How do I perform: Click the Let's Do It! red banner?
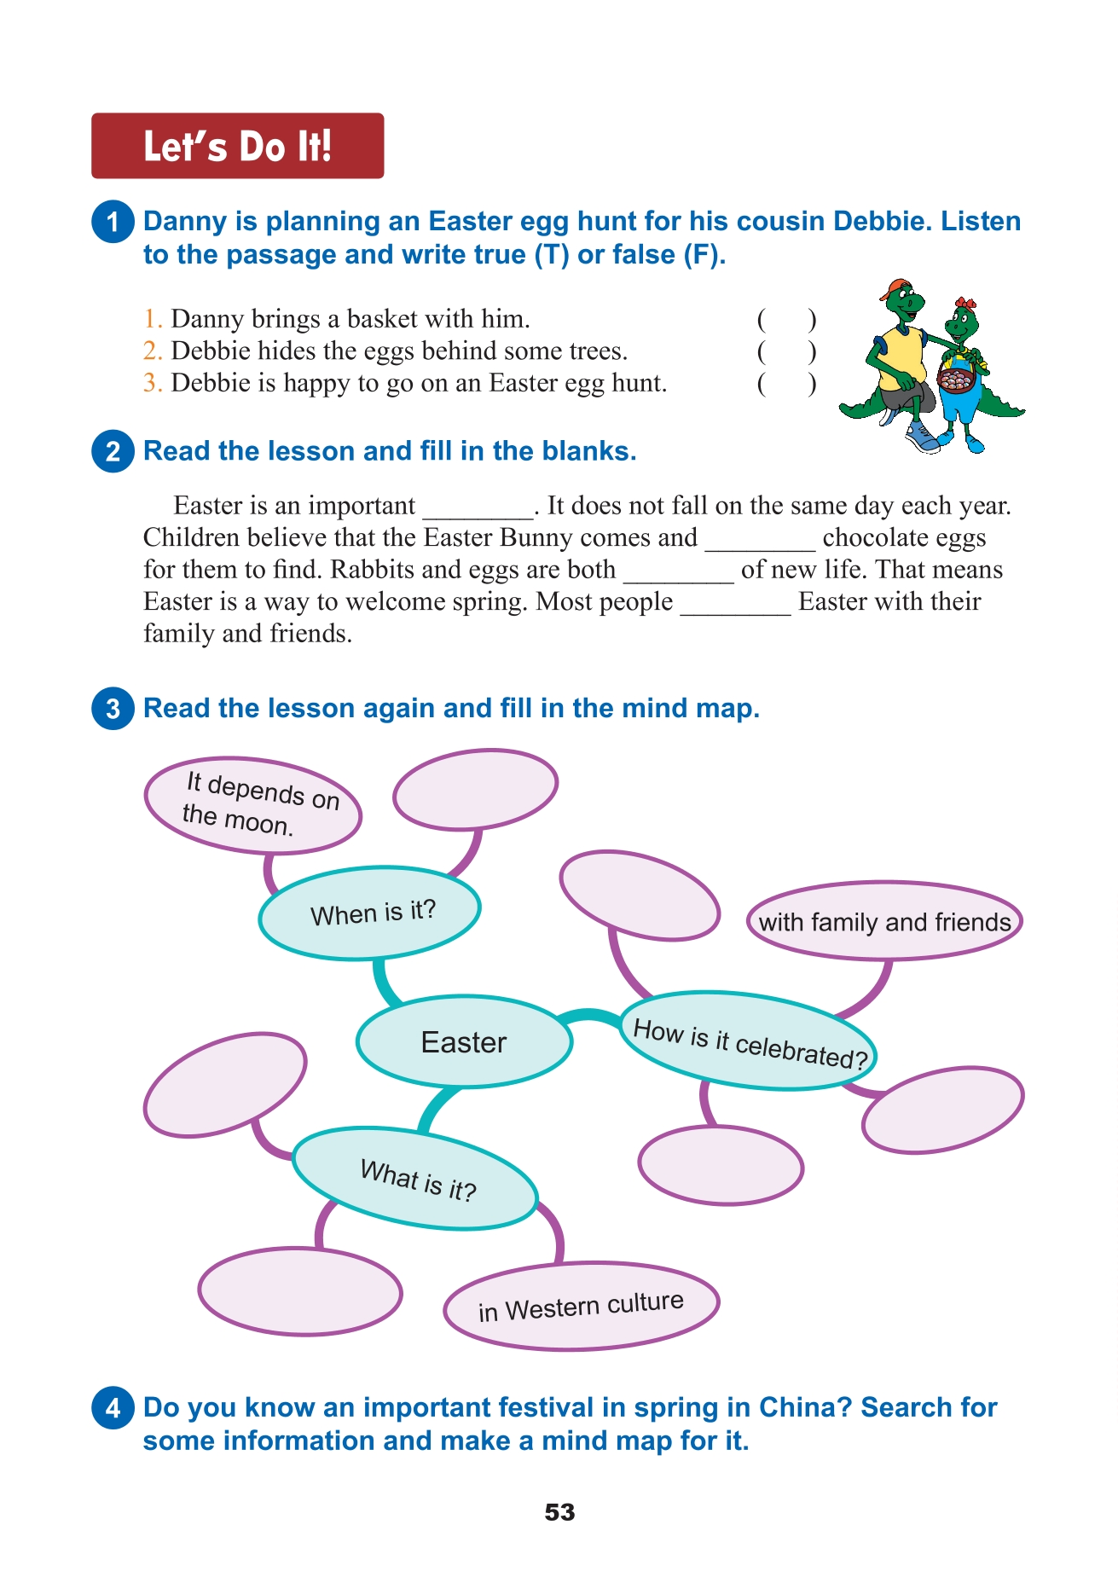pyautogui.click(x=237, y=146)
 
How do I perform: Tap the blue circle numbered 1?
pyautogui.click(x=113, y=222)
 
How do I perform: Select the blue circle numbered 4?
pyautogui.click(x=113, y=1408)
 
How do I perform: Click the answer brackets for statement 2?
pyautogui.click(x=786, y=351)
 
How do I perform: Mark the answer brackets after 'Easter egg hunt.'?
pyautogui.click(x=786, y=384)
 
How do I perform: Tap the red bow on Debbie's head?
pyautogui.click(x=965, y=304)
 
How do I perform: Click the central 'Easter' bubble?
pyautogui.click(x=464, y=1041)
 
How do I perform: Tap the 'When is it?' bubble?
pyautogui.click(x=370, y=913)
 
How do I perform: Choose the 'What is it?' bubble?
pyautogui.click(x=415, y=1179)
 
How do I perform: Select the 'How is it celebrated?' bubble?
pyautogui.click(x=749, y=1041)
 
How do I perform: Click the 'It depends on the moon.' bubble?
pyautogui.click(x=253, y=805)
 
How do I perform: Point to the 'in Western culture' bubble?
pyautogui.click(x=581, y=1306)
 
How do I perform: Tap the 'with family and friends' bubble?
pyautogui.click(x=884, y=921)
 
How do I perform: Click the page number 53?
pyautogui.click(x=559, y=1512)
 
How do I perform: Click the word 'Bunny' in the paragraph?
pyautogui.click(x=536, y=538)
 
